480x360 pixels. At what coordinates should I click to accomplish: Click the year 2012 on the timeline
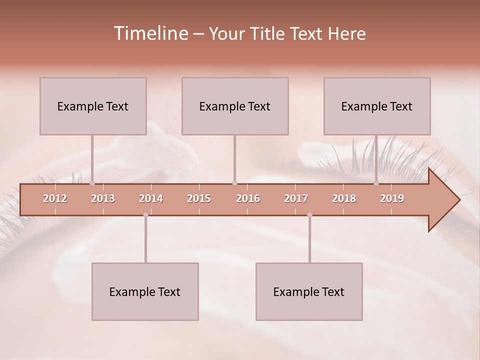tap(55, 198)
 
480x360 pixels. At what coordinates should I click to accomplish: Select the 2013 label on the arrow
tap(103, 198)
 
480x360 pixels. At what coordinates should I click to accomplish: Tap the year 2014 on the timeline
tap(151, 198)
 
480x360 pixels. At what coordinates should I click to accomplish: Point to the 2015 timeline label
tap(199, 198)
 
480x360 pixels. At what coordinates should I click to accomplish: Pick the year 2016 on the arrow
tap(248, 198)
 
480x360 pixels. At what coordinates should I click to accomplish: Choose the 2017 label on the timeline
tap(296, 198)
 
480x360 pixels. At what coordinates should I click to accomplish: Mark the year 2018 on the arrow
tap(344, 198)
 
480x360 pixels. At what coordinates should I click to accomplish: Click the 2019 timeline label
tap(392, 198)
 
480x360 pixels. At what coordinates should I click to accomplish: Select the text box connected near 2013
tap(93, 106)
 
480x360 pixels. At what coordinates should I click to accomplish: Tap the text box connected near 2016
tap(235, 106)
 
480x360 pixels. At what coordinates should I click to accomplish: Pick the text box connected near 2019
tap(377, 106)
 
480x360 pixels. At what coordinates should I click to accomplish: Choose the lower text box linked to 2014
tap(145, 291)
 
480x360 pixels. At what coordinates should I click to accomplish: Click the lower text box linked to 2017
tap(309, 291)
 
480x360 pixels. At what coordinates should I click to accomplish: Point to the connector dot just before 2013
tap(92, 183)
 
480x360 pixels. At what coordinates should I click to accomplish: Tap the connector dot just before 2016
tap(235, 183)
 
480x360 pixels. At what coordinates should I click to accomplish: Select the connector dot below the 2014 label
tap(145, 215)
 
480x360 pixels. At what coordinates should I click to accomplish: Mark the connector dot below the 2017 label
tap(309, 215)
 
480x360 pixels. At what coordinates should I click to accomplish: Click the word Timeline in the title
tap(150, 33)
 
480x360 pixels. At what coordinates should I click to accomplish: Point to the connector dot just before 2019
tap(376, 183)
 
